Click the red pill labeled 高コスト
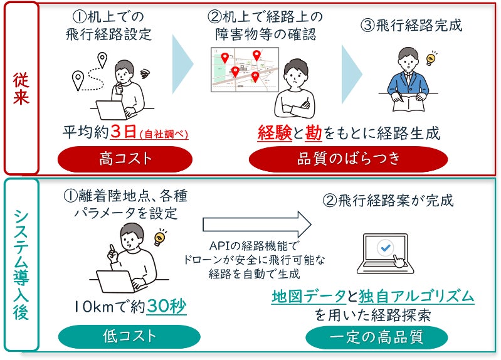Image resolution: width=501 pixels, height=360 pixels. click(126, 158)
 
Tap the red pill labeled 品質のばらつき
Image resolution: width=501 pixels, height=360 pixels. click(348, 158)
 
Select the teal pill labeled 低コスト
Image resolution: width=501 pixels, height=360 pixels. click(130, 336)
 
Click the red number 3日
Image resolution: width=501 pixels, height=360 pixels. click(124, 132)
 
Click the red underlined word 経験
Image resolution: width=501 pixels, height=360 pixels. click(275, 133)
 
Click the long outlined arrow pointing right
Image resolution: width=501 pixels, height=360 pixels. click(257, 222)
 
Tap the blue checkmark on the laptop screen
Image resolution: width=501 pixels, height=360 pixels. click(384, 248)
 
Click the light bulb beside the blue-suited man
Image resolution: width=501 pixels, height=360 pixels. click(431, 60)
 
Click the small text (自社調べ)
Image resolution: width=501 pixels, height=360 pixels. click(164, 134)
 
